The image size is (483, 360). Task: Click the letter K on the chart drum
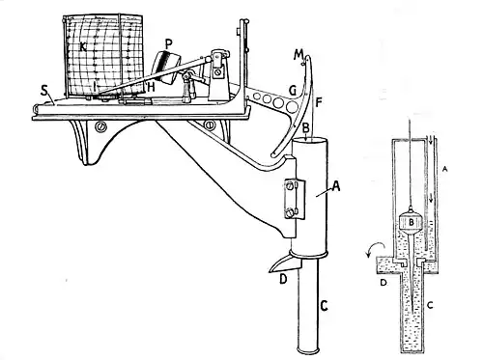click(83, 47)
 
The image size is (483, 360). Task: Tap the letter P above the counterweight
click(168, 43)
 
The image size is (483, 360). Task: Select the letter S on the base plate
click(44, 91)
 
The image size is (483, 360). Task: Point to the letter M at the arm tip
click(298, 55)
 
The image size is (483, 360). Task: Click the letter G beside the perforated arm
click(293, 91)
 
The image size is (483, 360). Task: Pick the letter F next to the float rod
click(319, 102)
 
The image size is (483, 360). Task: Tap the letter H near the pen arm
click(151, 87)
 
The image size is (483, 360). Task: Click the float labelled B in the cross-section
click(412, 222)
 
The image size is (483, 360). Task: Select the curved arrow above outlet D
click(375, 248)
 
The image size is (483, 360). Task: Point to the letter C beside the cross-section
click(430, 305)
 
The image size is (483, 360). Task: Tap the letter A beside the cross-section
click(444, 168)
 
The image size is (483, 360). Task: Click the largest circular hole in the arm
click(292, 107)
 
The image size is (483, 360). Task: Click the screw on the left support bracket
click(99, 127)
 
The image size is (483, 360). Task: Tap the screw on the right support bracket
click(210, 125)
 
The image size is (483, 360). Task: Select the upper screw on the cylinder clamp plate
click(290, 185)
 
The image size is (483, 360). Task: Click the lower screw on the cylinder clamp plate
click(291, 212)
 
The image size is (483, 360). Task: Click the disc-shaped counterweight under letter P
click(166, 68)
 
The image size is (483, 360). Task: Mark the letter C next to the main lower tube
click(324, 305)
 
